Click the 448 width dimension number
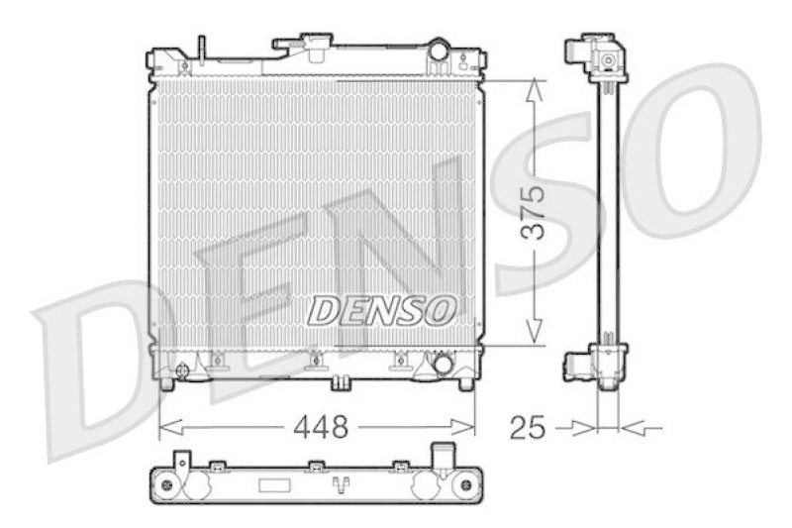(x=321, y=428)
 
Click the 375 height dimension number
(x=533, y=212)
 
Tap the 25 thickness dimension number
(x=528, y=428)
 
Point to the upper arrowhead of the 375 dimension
(x=534, y=91)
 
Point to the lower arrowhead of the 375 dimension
(x=534, y=334)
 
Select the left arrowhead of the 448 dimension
(x=169, y=428)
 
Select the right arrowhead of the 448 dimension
(x=463, y=428)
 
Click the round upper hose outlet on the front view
(x=439, y=51)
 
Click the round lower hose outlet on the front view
(x=443, y=364)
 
